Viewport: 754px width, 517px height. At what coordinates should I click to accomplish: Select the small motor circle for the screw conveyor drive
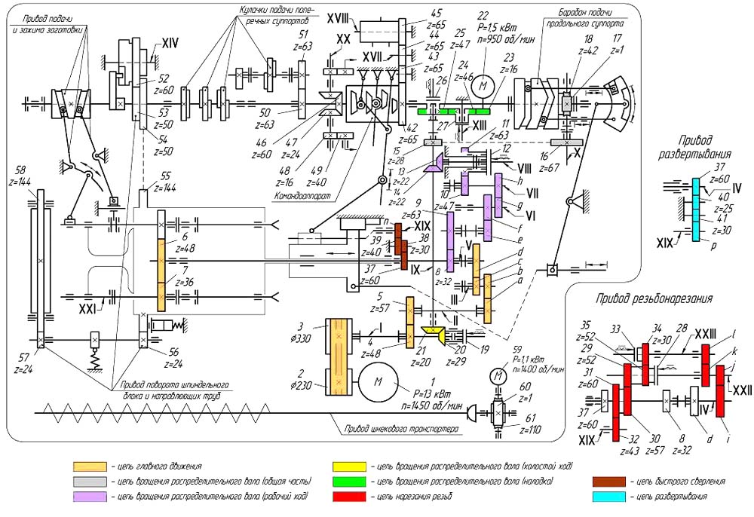(497, 375)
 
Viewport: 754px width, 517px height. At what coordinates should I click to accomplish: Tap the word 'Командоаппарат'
(300, 197)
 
